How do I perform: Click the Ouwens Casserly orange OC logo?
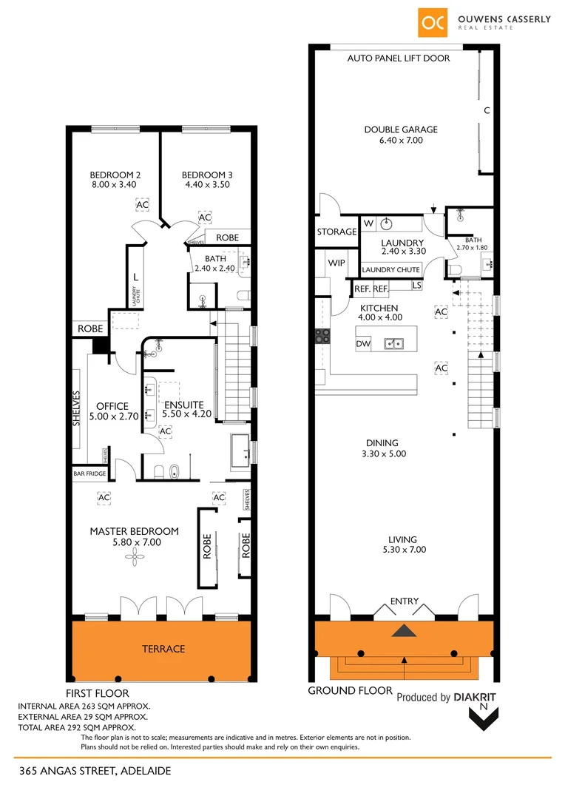433,21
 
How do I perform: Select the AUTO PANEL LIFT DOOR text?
398,58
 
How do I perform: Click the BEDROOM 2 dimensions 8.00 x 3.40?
115,186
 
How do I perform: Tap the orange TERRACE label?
163,649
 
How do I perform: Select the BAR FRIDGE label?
89,473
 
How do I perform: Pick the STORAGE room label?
336,232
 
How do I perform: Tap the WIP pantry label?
336,263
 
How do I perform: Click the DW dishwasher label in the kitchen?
362,344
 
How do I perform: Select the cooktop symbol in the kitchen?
322,337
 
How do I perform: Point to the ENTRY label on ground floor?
404,601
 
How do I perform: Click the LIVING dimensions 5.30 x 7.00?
403,550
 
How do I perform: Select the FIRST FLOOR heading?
97,693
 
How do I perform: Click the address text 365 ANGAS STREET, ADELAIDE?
95,771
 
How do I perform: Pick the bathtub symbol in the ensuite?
175,471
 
